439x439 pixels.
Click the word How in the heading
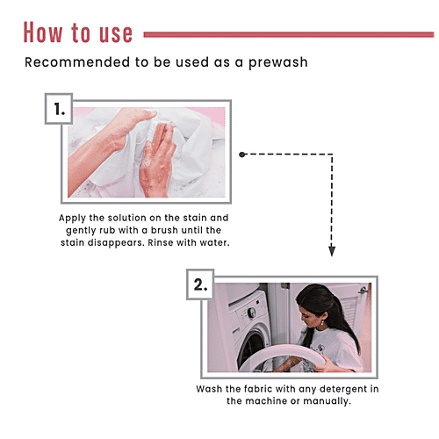[x=43, y=32]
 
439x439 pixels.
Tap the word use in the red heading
[x=116, y=34]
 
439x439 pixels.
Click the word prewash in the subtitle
[x=278, y=62]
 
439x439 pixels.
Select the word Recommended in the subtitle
[x=77, y=62]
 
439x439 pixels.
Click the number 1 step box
[x=59, y=109]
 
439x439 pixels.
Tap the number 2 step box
[x=200, y=284]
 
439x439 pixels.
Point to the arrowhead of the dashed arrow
[x=332, y=251]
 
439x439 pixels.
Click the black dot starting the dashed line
[x=241, y=155]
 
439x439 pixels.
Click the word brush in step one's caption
[x=164, y=230]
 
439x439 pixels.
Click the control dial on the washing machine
[x=251, y=313]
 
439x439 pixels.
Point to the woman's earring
[x=323, y=324]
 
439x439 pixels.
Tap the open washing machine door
[x=283, y=357]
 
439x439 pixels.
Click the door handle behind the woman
[x=363, y=290]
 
